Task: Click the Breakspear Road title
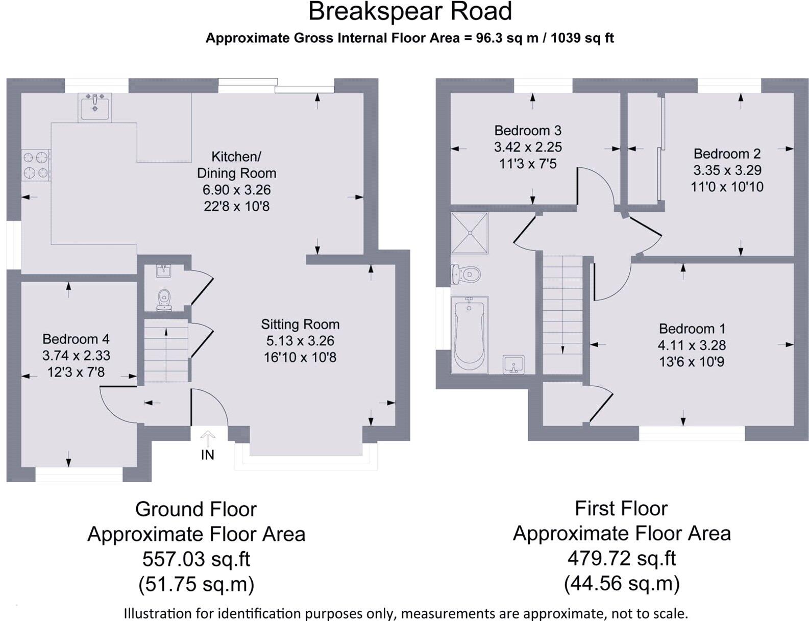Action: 410,11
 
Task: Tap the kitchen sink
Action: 95,108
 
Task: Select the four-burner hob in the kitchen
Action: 36,165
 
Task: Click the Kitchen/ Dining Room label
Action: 236,165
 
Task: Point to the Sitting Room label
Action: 300,325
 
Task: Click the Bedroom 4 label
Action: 76,339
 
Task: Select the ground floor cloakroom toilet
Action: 164,300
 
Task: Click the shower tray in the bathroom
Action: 470,233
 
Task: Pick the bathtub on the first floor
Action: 470,335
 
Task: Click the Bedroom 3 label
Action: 528,131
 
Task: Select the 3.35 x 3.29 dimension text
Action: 727,170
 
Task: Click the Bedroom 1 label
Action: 692,329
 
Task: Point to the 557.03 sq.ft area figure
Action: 196,559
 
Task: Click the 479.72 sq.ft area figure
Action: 621,558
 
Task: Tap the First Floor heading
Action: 621,508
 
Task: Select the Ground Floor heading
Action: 196,509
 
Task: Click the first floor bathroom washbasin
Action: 513,364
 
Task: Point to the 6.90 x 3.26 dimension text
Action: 236,190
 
